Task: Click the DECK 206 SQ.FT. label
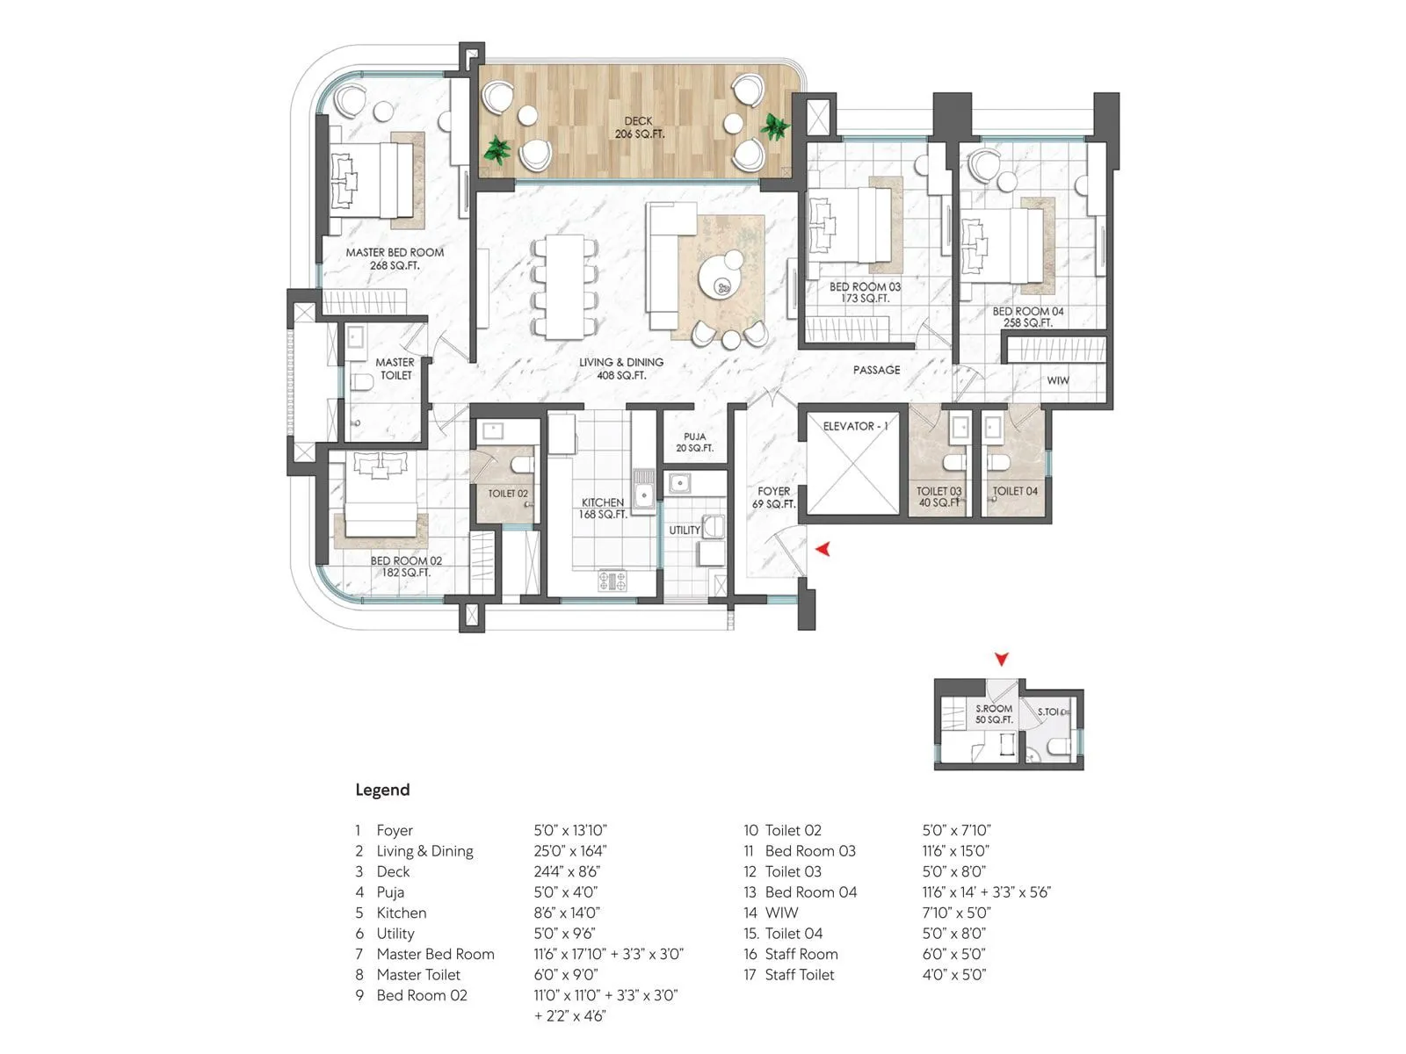(x=639, y=127)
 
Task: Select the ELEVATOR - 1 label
(x=854, y=426)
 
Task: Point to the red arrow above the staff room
(x=1001, y=659)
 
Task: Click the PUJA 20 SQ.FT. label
(x=694, y=442)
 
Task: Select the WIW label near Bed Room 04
(x=1058, y=380)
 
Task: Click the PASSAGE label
(x=876, y=370)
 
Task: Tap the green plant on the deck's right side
(x=775, y=126)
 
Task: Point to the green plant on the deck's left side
(x=497, y=149)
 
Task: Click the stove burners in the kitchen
(x=612, y=580)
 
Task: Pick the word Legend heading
(x=382, y=790)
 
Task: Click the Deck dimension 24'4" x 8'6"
(x=567, y=871)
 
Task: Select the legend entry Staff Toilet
(x=799, y=974)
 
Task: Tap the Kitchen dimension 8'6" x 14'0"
(x=567, y=913)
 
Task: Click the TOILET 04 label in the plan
(x=1015, y=491)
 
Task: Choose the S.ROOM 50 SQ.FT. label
(x=994, y=713)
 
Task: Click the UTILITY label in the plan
(x=685, y=530)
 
